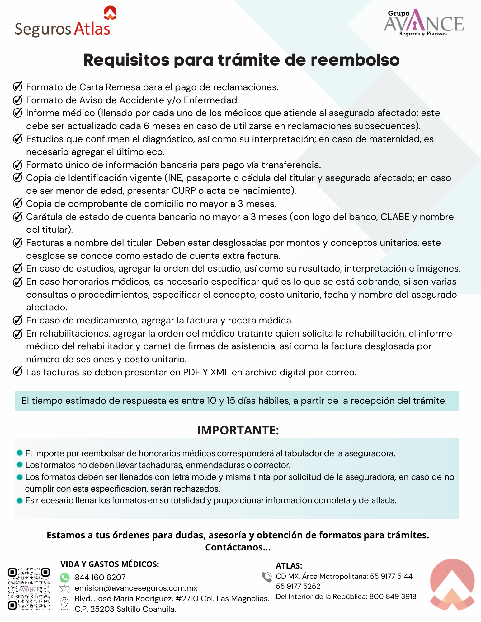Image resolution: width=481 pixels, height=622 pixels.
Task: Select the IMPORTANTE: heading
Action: coord(238,430)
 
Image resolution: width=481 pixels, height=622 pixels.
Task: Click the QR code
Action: coord(29,589)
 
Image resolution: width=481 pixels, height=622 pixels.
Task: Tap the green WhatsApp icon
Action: coord(65,578)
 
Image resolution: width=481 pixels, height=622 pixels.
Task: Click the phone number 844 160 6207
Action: coord(100,578)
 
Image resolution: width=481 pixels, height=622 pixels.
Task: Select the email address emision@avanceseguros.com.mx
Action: coord(136,588)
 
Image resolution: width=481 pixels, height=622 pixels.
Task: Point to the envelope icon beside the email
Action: coord(64,589)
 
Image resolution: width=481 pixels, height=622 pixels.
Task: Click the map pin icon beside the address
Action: coord(64,604)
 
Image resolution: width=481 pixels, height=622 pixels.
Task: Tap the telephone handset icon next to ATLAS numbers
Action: coord(267,577)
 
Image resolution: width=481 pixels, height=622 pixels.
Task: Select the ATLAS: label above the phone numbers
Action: coord(289,566)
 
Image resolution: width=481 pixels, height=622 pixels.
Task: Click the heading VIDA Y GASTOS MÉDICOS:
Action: coord(110,564)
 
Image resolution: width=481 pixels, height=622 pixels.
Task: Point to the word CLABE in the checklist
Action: coord(395,217)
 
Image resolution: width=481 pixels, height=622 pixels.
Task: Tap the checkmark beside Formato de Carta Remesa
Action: coord(18,87)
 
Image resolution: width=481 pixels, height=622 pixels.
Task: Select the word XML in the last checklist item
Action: coord(219,372)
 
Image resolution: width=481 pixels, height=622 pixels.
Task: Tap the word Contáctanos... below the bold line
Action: coord(238,547)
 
